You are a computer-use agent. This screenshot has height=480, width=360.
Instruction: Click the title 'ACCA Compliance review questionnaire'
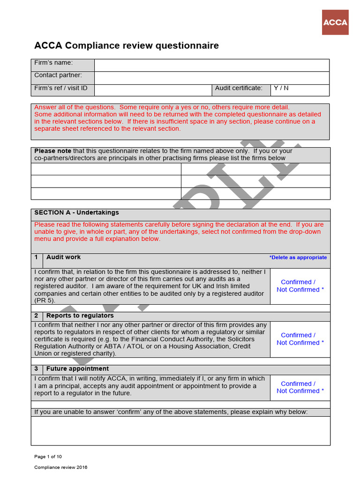(127, 45)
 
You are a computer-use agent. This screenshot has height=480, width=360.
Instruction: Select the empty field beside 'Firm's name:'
(211, 65)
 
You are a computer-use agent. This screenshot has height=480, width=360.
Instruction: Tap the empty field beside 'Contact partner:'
(211, 77)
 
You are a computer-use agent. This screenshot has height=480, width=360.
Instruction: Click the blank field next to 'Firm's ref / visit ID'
(153, 90)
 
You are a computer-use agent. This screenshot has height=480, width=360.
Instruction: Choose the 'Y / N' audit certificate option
(281, 88)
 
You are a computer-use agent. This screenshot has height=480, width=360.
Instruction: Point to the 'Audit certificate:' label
(239, 88)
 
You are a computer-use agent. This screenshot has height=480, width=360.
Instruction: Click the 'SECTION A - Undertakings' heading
(76, 213)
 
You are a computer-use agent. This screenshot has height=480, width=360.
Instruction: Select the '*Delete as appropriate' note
(298, 257)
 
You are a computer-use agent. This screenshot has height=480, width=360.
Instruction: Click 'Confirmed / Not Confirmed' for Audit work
(300, 286)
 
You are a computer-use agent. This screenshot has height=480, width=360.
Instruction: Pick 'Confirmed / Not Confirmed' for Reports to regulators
(300, 339)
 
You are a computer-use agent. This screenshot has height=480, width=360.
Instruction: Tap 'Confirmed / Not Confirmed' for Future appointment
(300, 387)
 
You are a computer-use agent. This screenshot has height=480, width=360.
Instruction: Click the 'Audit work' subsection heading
(63, 257)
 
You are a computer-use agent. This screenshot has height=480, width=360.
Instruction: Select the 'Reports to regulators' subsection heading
(80, 316)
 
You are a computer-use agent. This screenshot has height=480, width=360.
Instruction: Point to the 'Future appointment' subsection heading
(77, 369)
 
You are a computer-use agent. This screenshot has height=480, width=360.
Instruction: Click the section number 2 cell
(37, 316)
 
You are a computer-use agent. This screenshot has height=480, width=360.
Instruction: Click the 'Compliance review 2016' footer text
(60, 467)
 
